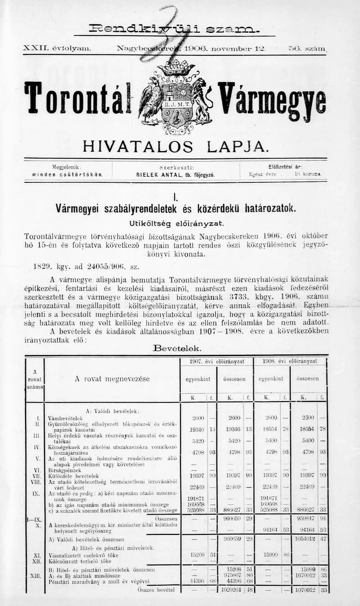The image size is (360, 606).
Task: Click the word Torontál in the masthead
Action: (77, 98)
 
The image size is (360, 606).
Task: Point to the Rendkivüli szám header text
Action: (174, 28)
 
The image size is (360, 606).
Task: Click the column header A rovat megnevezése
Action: (112, 379)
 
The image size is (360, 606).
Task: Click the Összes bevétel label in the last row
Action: (152, 601)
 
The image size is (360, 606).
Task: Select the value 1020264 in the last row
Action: (232, 601)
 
